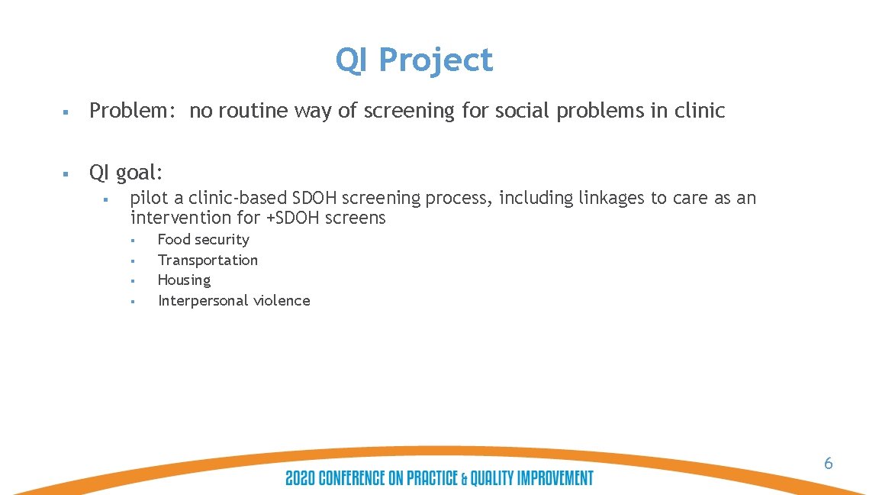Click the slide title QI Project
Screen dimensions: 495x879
[414, 60]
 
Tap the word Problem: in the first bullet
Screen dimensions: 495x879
[134, 112]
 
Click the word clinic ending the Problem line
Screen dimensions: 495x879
[700, 112]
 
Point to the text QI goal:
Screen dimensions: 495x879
[127, 173]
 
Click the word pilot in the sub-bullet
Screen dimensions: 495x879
[149, 199]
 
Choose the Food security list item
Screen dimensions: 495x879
[203, 240]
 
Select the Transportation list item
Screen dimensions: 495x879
[208, 260]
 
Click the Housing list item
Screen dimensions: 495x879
[184, 280]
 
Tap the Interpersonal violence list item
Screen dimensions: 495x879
[233, 301]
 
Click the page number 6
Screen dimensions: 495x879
[828, 463]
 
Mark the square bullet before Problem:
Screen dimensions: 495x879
[66, 112]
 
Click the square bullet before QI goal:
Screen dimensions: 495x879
[66, 174]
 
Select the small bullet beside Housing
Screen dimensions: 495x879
[132, 281]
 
